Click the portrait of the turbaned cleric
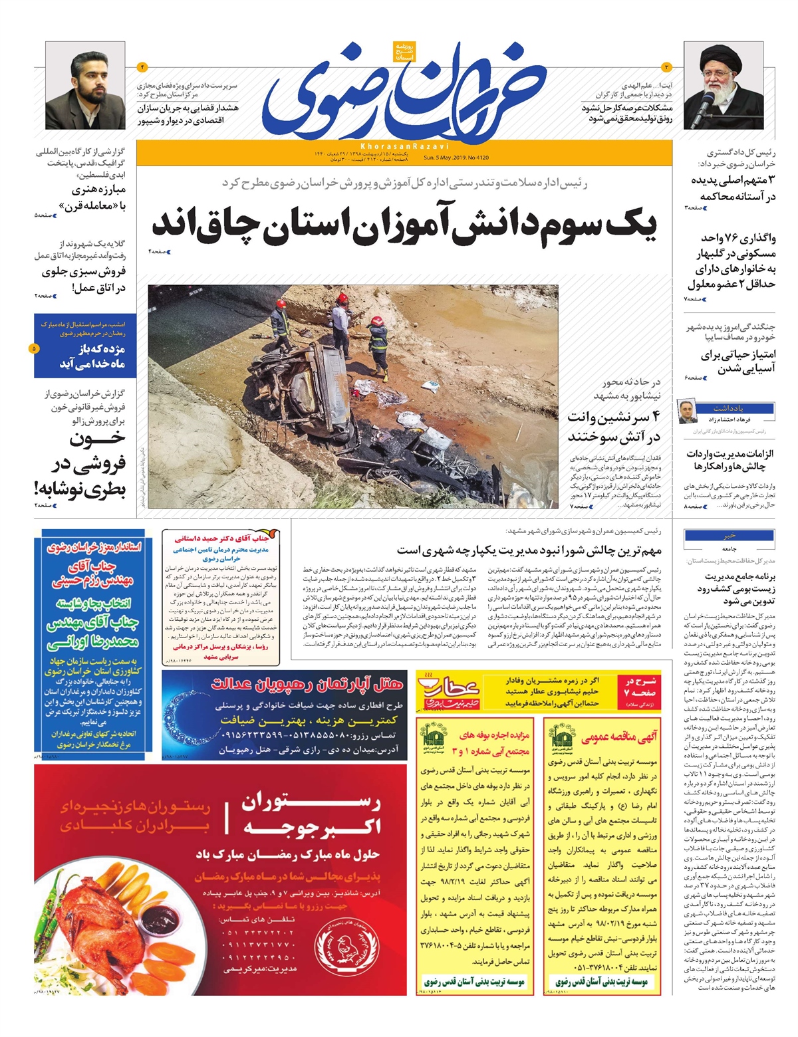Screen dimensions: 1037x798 tap(723, 85)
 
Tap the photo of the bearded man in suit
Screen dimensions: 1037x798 tap(85, 85)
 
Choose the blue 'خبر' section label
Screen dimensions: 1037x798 tap(730, 536)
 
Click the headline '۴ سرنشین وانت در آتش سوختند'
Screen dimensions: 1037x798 tap(613, 427)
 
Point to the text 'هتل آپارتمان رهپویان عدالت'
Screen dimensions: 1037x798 tap(307, 683)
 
